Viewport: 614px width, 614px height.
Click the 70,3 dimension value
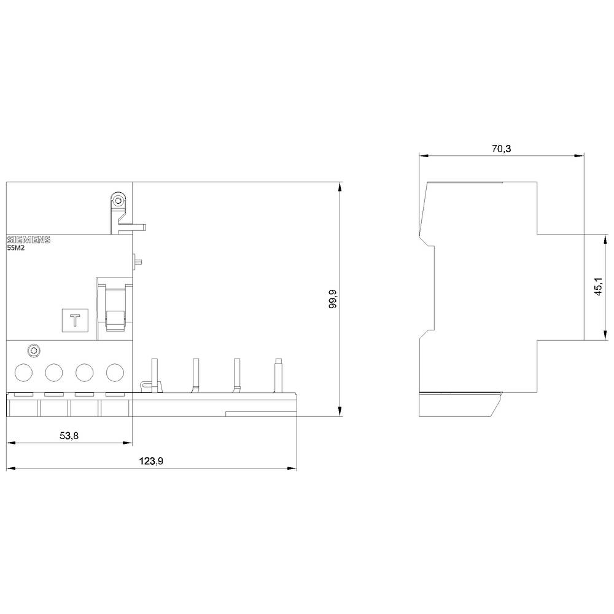500,148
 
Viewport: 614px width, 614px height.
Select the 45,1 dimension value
597,287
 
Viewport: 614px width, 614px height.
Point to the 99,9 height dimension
333,298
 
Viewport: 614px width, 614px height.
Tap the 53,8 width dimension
69,435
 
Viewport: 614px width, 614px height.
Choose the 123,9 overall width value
151,461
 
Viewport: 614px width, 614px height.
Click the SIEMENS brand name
28,239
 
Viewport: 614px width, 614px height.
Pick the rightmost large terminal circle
115,372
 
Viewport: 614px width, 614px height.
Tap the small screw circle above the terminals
34,351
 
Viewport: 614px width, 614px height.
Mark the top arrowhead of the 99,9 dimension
340,186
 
